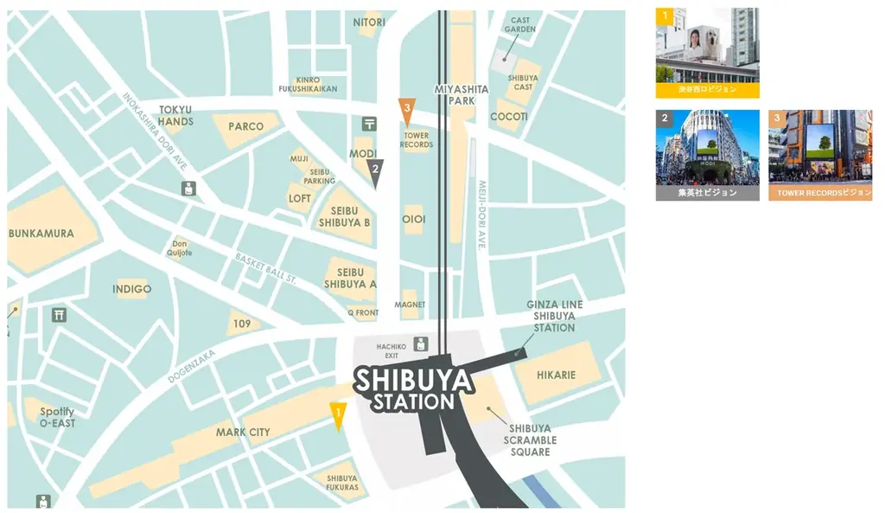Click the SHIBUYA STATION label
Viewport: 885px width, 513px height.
[414, 389]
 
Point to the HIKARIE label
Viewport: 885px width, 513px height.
[556, 375]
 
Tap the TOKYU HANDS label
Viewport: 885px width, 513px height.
[175, 116]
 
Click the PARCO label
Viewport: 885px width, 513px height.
[246, 126]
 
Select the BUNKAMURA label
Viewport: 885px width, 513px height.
[41, 234]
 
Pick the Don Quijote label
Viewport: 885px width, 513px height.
[181, 248]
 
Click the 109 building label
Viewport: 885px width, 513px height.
[242, 324]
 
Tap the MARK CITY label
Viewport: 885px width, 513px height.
[243, 433]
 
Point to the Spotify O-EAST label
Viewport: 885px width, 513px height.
[57, 417]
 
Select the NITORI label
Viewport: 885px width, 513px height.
[369, 22]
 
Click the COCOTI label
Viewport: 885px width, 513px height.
[509, 117]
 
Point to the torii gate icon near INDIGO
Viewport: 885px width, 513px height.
[59, 316]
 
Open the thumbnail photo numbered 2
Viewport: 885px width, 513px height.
[707, 155]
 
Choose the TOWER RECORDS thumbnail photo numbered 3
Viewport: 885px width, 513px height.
[820, 155]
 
